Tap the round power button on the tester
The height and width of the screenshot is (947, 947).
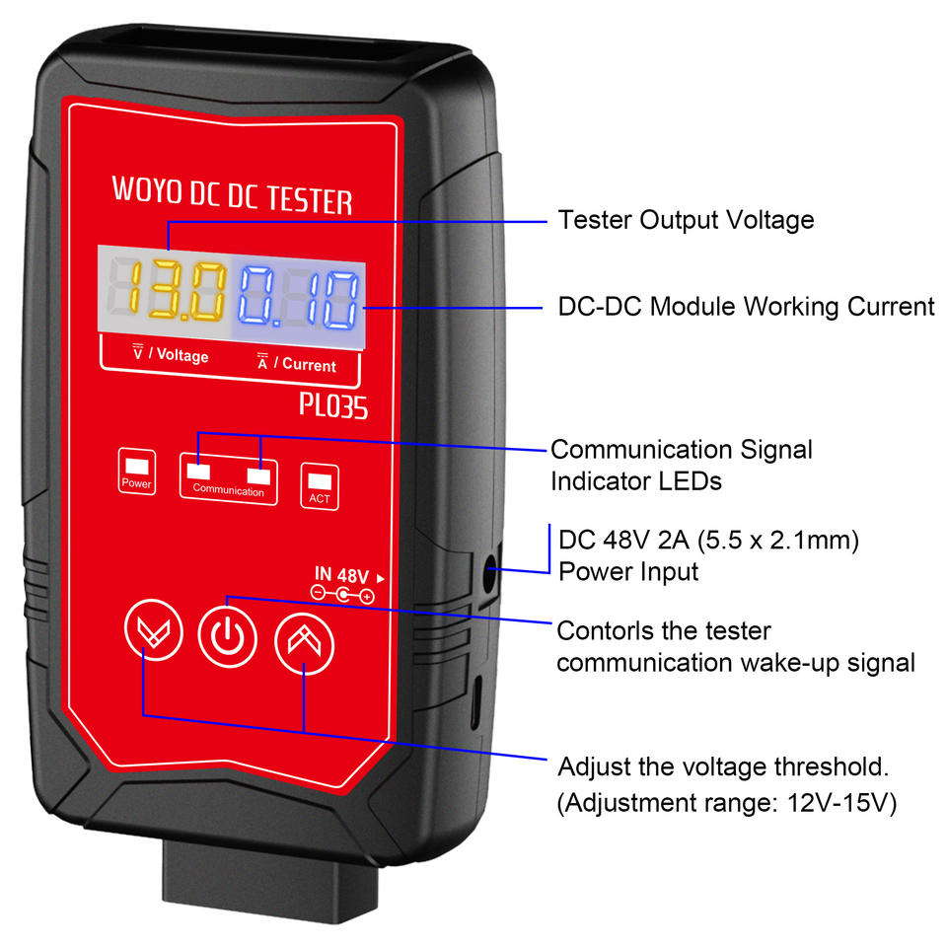228,636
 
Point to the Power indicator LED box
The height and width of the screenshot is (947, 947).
136,472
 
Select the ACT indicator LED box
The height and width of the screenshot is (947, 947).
320,486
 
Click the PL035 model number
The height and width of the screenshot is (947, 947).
333,405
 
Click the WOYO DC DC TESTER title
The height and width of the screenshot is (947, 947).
232,195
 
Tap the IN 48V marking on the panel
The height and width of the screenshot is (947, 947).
342,574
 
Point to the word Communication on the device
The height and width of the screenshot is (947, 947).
228,490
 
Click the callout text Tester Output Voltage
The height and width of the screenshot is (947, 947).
686,220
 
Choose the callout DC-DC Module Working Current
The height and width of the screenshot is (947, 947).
746,307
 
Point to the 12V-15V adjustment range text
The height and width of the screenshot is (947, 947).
841,803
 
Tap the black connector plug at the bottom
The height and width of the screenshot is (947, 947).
270,882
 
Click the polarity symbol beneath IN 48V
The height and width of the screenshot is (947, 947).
342,595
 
